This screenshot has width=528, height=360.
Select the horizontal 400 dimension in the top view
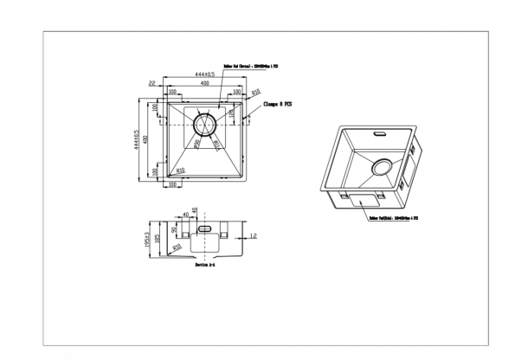coord(203,84)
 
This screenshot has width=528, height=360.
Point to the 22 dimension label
coord(152,83)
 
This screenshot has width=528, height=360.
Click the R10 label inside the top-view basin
coord(179,170)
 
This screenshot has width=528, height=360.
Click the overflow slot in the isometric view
coord(379,134)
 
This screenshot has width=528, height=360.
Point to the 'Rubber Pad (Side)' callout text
coord(394,219)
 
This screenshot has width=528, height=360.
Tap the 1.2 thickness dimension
coord(254,235)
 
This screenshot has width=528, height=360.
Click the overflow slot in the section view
coord(204,228)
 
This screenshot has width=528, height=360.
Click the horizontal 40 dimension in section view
coord(185,214)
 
